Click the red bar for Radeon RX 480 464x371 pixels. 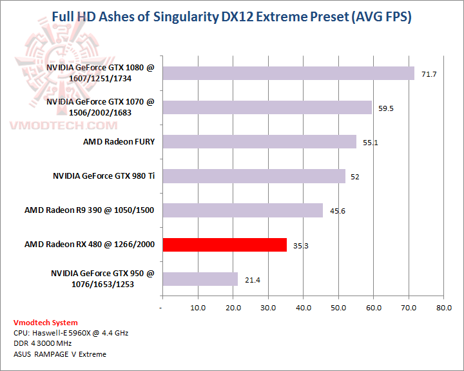(x=224, y=245)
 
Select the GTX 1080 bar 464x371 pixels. (x=288, y=73)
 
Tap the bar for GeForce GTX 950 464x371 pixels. (x=200, y=279)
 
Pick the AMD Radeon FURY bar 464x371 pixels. (x=259, y=141)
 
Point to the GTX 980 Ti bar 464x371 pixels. (x=254, y=176)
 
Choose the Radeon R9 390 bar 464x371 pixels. (x=242, y=210)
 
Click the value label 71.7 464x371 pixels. (x=429, y=74)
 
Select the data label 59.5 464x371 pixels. (x=386, y=108)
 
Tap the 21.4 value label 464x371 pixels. (x=252, y=280)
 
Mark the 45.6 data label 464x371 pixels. (x=337, y=211)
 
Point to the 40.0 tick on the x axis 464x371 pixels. (x=303, y=308)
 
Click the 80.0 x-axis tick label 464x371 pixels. (x=443, y=308)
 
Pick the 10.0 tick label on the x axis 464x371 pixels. (x=198, y=308)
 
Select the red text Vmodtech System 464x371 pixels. (x=45, y=323)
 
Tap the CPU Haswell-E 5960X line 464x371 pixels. (x=71, y=333)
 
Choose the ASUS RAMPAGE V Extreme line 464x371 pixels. (x=60, y=354)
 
